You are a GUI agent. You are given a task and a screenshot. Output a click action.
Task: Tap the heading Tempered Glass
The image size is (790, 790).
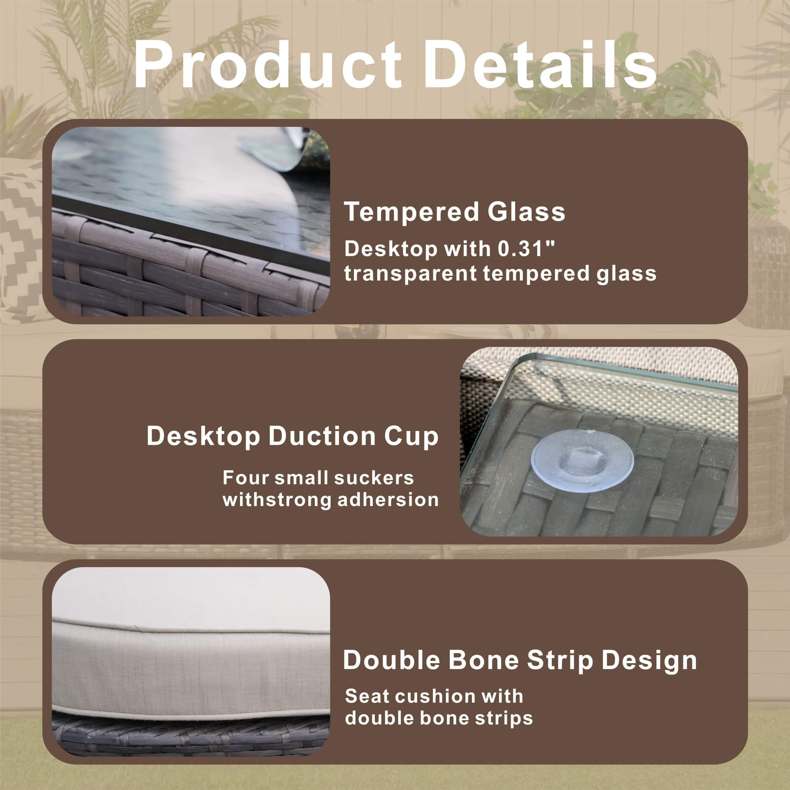click(x=455, y=212)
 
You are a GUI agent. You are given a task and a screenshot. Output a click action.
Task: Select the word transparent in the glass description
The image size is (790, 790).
click(x=410, y=273)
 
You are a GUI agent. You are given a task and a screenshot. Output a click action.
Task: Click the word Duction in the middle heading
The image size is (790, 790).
click(x=322, y=436)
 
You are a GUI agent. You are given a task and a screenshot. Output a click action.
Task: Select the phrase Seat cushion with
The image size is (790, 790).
click(x=434, y=696)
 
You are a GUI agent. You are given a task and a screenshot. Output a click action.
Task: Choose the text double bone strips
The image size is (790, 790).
click(x=439, y=718)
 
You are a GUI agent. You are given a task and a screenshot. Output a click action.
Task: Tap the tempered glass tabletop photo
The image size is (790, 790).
click(x=191, y=222)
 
